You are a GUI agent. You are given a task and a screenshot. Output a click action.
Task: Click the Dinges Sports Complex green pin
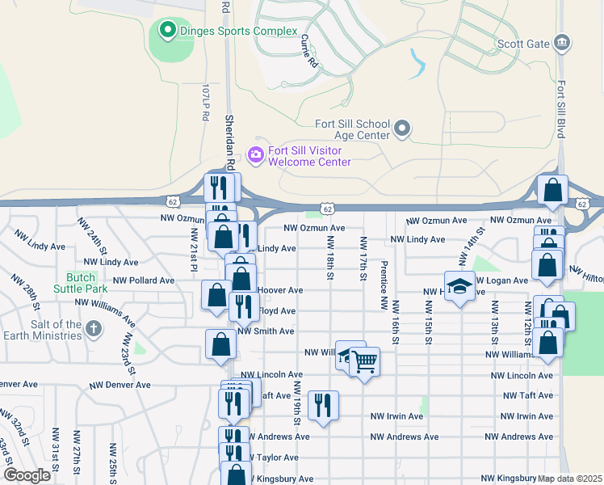pyautogui.click(x=168, y=32)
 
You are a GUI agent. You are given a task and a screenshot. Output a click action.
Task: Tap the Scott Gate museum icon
pyautogui.click(x=563, y=43)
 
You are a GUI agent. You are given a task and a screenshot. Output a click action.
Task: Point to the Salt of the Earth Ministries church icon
pyautogui.click(x=94, y=329)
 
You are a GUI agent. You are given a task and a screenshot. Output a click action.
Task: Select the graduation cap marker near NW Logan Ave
pyautogui.click(x=459, y=287)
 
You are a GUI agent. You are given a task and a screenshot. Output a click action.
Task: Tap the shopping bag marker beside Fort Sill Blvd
pyautogui.click(x=553, y=192)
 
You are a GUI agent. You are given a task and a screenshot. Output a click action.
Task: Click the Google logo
pyautogui.click(x=27, y=475)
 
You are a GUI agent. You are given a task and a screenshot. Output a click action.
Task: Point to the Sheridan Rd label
pyautogui.click(x=229, y=134)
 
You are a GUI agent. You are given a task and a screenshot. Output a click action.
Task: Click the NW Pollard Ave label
pyautogui.click(x=144, y=280)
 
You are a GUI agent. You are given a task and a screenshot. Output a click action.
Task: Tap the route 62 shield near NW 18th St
pyautogui.click(x=326, y=209)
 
